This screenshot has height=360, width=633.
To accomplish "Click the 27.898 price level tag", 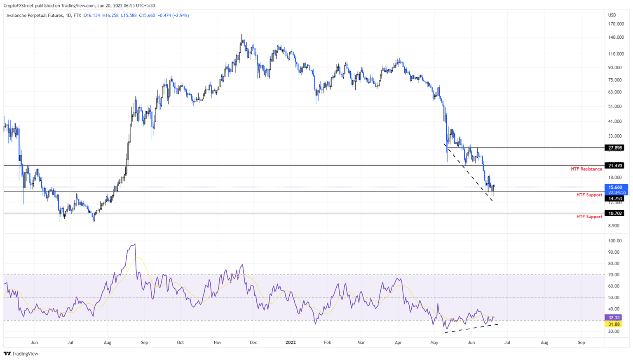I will point(615,148).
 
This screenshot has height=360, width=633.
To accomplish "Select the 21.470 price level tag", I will point(615,166).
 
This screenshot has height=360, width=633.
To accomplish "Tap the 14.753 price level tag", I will point(615,199).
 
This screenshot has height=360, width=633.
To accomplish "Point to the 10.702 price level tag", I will point(615,213).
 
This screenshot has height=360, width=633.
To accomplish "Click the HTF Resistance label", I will point(586,169).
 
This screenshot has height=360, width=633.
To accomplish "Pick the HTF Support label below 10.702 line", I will point(589,217).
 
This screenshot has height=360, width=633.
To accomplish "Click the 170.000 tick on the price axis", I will point(616,24).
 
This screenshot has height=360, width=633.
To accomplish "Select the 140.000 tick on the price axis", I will point(616,37).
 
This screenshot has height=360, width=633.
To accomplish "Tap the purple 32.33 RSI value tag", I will point(614,318).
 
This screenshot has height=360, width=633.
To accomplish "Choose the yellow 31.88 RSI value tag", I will point(614,324).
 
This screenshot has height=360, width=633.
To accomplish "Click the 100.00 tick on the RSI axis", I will point(614,241).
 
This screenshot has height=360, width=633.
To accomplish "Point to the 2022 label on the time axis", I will point(291,343).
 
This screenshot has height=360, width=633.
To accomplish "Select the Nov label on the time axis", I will point(218,343).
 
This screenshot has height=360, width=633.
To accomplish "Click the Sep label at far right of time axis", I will point(581,343).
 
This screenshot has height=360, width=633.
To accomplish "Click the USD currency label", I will point(612,15).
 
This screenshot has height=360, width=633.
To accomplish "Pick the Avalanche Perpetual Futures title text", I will point(35,16).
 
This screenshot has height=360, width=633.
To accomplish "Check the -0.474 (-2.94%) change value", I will point(173,16).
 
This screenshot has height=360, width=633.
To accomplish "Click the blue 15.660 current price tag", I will point(616,187).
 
